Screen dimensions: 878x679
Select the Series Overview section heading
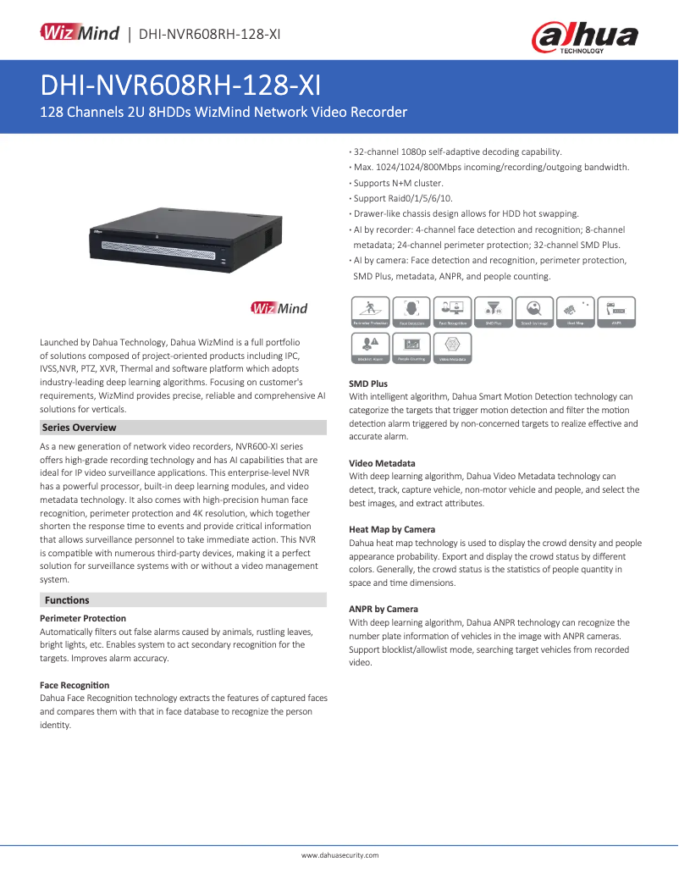79,428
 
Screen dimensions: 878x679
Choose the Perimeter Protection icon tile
370,312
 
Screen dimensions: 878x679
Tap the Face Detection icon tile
411,312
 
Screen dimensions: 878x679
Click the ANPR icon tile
617,312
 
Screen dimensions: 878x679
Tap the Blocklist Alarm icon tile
370,347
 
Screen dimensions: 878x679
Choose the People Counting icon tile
411,347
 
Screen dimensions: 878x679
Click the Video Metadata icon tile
452,347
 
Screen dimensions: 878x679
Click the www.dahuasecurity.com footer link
339,856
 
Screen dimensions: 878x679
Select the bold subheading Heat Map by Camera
392,529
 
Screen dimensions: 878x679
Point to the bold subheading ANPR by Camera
383,609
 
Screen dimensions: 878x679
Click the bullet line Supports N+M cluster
398,183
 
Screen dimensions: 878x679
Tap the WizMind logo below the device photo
279,308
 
